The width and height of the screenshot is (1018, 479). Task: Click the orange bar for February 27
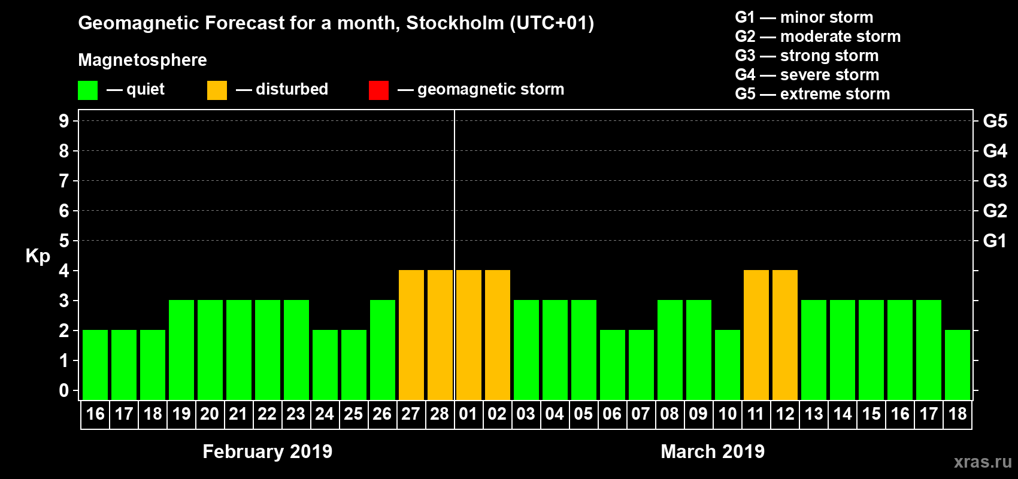(411, 335)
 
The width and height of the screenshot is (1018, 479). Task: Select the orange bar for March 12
(784, 335)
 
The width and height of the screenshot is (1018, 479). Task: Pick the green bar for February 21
(238, 350)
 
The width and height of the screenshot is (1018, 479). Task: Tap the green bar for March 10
(727, 365)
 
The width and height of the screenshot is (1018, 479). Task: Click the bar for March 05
(583, 350)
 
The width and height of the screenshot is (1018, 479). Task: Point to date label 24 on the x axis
(325, 414)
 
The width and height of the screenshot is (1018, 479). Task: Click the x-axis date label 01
(468, 414)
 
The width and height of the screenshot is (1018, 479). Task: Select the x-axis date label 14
(842, 414)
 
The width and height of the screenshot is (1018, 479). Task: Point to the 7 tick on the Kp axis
(64, 181)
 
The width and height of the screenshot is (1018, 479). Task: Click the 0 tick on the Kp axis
(64, 390)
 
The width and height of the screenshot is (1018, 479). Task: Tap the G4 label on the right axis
(995, 151)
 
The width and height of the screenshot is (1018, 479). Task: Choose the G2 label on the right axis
(995, 211)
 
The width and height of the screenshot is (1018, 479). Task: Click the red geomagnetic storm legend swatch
(378, 90)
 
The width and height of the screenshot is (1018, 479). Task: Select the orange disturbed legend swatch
(217, 90)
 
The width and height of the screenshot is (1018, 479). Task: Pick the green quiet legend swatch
(87, 90)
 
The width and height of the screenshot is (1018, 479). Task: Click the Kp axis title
(38, 256)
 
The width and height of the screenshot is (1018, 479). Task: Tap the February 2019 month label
(267, 451)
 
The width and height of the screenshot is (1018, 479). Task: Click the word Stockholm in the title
(455, 23)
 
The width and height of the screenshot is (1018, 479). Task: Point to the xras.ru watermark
(982, 462)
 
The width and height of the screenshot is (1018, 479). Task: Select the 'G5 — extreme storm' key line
(812, 94)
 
